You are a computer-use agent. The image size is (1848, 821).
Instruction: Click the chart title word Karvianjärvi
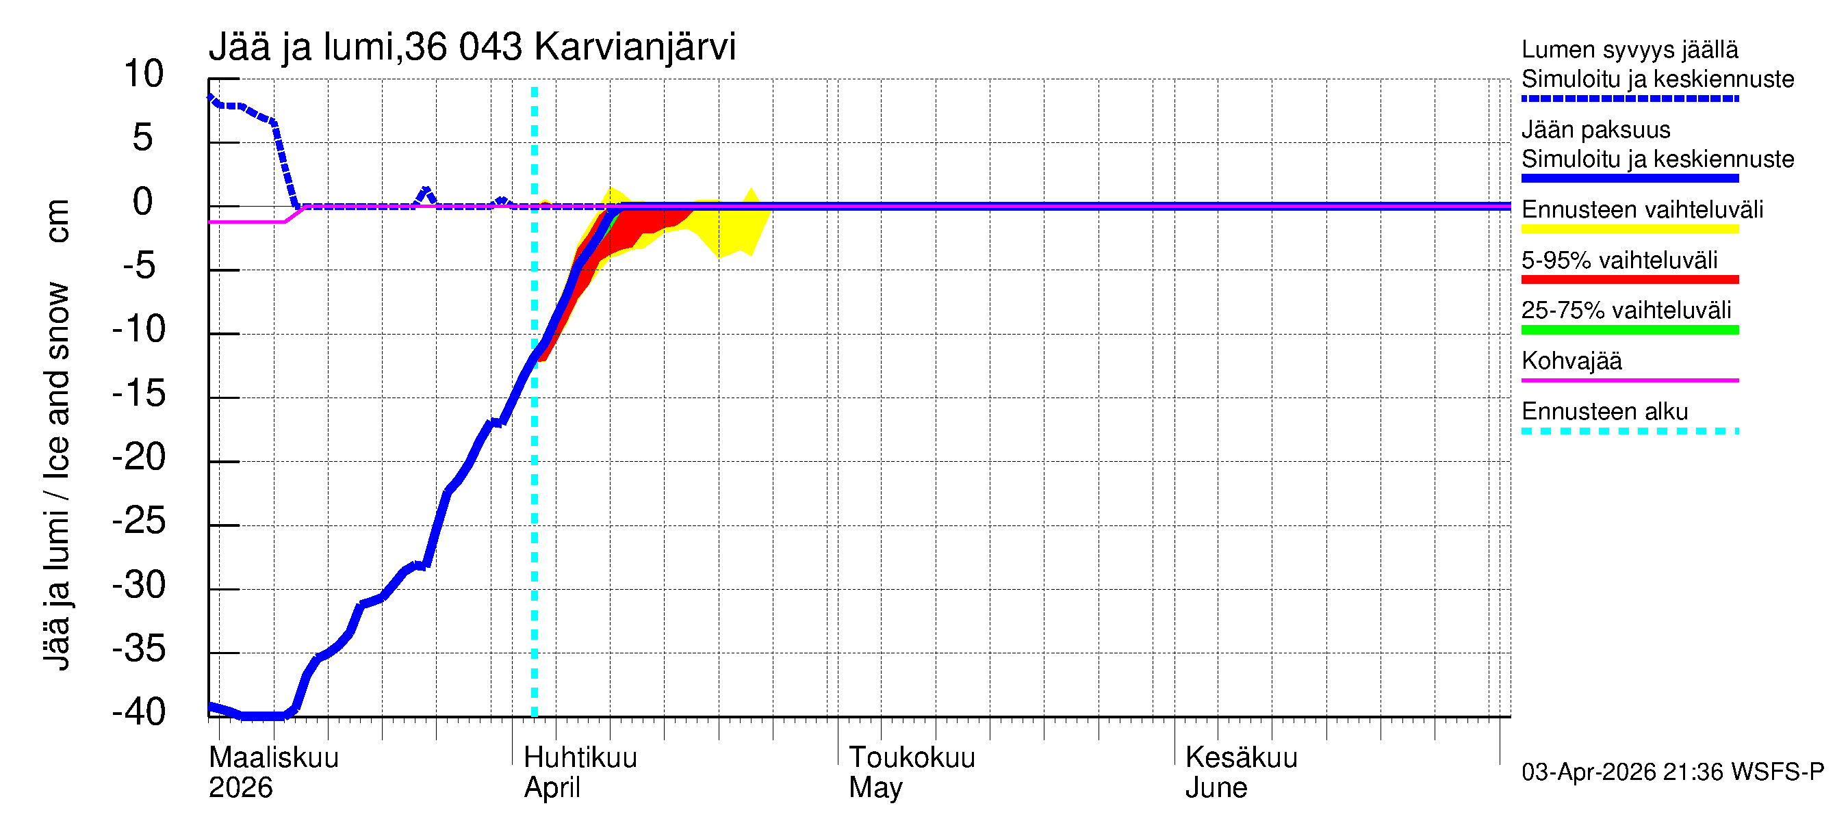(635, 47)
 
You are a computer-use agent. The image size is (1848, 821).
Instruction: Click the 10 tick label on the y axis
(144, 74)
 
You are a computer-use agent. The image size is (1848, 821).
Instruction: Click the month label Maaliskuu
(273, 757)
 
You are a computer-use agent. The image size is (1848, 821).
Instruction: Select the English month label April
(552, 787)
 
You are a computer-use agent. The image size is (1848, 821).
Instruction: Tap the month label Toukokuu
(912, 757)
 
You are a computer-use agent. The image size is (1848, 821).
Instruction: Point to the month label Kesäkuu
(1241, 757)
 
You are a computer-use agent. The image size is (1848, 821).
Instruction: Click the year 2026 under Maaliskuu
(240, 787)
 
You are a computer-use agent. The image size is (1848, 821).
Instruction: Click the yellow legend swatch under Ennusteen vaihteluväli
(1629, 229)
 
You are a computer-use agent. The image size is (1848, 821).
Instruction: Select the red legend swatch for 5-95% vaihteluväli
(1629, 280)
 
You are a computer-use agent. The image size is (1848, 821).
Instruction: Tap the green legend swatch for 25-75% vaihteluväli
(1629, 330)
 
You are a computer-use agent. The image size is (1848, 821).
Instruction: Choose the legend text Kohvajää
(1571, 361)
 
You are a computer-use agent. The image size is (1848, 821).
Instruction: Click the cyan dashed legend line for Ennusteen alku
(1629, 431)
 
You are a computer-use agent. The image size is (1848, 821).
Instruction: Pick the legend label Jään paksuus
(1595, 130)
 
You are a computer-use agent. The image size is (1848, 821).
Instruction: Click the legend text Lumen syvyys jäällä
(1629, 49)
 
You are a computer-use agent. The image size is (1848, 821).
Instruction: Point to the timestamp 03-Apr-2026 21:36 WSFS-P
(1672, 772)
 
